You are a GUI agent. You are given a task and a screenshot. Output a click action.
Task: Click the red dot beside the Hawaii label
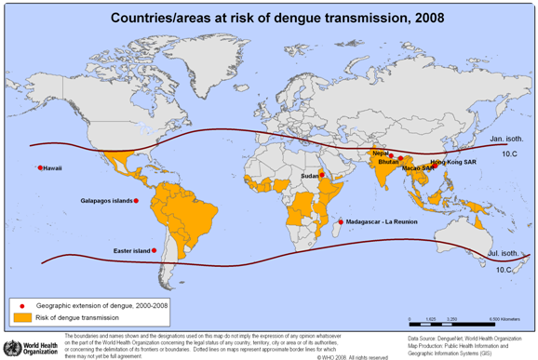click(x=40, y=167)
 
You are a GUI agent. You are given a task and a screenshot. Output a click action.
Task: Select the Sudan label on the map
click(x=309, y=175)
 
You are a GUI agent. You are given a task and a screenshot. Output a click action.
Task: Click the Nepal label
click(x=380, y=153)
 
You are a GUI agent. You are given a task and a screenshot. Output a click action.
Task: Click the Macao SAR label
click(x=418, y=168)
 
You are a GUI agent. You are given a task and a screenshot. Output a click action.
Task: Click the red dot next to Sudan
click(x=321, y=175)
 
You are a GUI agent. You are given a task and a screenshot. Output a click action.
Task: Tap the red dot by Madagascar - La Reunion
click(x=339, y=221)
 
